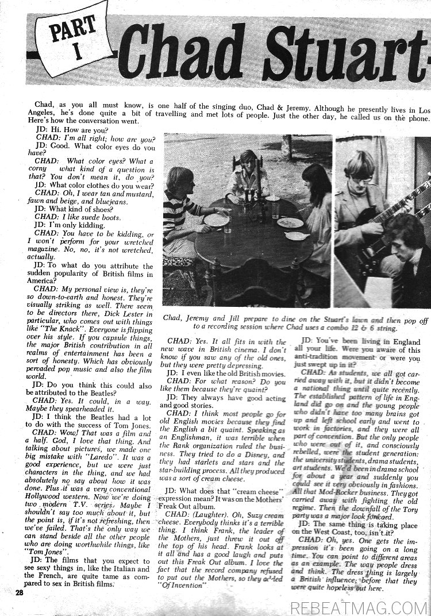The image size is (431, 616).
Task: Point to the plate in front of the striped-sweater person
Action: click(x=217, y=219)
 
